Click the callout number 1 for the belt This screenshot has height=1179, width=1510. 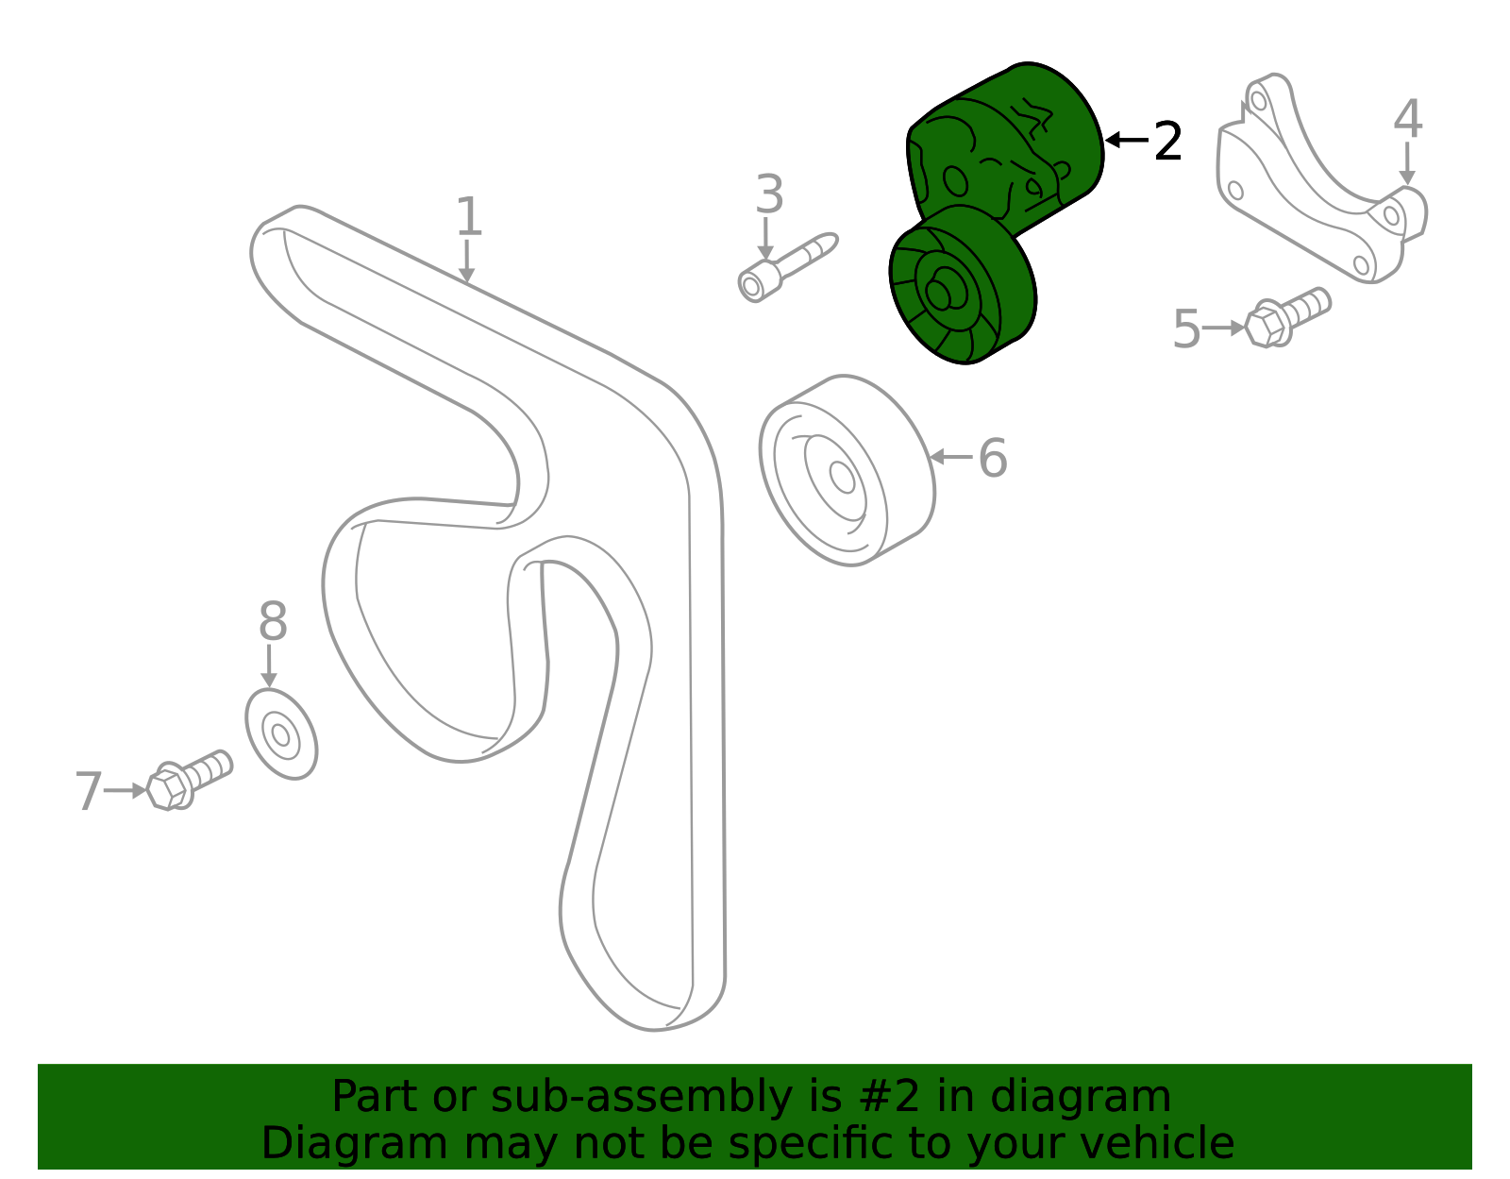coord(469,217)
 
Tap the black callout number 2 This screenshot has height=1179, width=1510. coord(1168,142)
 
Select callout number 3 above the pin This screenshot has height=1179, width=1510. coord(769,195)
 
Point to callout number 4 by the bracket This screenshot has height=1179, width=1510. coord(1407,120)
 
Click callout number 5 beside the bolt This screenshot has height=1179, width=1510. coord(1186,329)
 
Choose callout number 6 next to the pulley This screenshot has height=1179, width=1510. coord(993,459)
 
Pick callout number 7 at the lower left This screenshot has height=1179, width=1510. coord(88,791)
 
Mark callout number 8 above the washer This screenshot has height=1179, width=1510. coord(273,623)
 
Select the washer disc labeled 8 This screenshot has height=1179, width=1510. coord(281,733)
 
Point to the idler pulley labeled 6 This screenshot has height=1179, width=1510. coord(847,470)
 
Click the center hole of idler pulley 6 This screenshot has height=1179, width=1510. coord(842,478)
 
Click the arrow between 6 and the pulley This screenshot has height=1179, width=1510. coord(950,457)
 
